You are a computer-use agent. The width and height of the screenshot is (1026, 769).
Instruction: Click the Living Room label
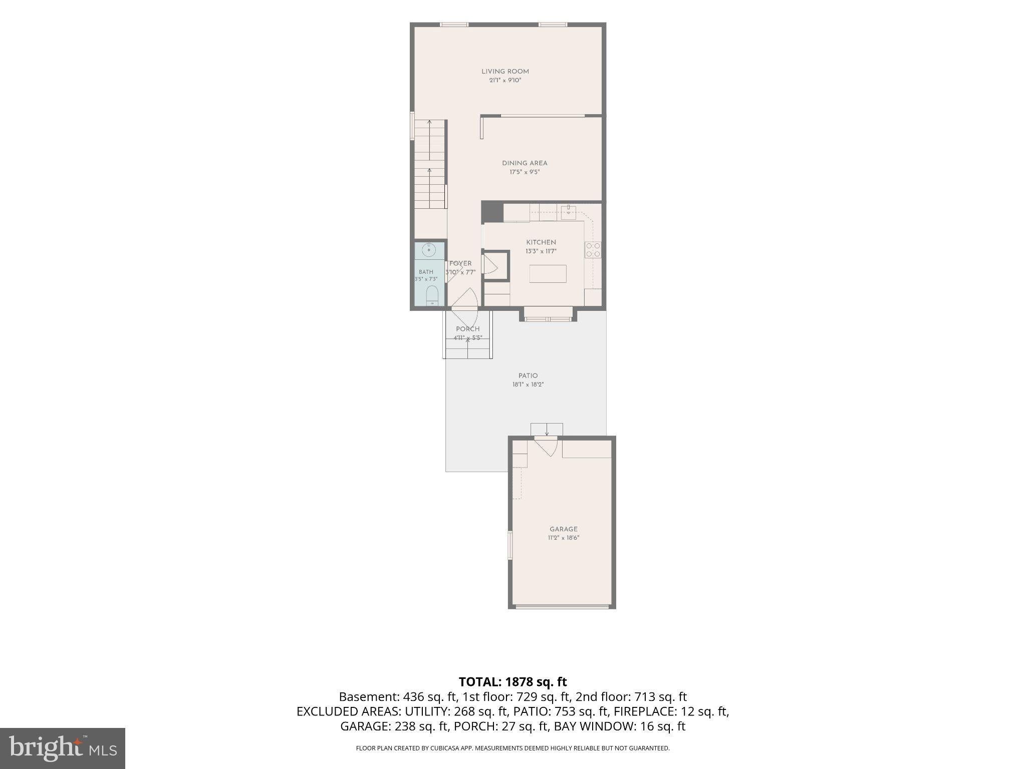click(505, 72)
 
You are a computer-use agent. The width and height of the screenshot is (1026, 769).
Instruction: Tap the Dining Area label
click(525, 163)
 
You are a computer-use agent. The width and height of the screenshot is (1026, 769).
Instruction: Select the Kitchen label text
click(541, 242)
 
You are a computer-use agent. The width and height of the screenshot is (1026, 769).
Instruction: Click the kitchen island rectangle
click(548, 274)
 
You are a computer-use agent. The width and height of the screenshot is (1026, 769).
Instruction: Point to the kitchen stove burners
click(593, 249)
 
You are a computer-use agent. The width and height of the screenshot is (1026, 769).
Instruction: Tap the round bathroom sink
click(429, 249)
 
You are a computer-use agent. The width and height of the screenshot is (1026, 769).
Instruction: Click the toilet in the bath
click(432, 296)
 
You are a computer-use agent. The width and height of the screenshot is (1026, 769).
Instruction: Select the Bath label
click(426, 272)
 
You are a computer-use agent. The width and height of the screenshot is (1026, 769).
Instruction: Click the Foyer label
click(460, 263)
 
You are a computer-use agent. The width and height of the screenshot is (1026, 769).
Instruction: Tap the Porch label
click(468, 329)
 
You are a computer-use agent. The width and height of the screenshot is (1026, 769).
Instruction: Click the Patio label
click(528, 375)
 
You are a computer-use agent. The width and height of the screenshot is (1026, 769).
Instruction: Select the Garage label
click(564, 529)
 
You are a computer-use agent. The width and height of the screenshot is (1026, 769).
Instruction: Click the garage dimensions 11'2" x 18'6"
click(564, 538)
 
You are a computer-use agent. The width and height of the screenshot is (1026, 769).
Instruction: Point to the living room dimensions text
click(505, 80)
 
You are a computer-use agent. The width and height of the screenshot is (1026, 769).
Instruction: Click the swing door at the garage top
click(546, 446)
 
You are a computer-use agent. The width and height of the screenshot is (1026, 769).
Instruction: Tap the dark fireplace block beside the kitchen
click(492, 212)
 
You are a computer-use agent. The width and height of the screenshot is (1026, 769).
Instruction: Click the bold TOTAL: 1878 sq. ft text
click(513, 681)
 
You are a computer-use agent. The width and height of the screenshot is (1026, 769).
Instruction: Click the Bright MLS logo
click(63, 748)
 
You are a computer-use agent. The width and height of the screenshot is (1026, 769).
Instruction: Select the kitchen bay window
click(549, 314)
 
